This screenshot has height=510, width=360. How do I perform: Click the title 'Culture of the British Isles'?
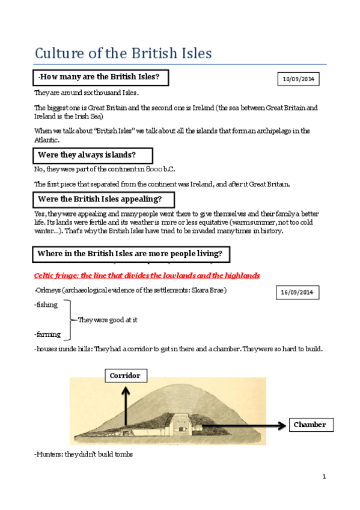coord(123,53)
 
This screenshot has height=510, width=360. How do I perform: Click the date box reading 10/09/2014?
coord(299,79)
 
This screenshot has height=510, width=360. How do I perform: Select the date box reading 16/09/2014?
coord(298,292)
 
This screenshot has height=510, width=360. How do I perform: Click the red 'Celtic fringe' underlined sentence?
coord(147,275)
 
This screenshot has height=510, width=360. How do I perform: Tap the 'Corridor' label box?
coord(125,376)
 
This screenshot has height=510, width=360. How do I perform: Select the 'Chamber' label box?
coord(310,425)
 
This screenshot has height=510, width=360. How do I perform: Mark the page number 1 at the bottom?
coord(323,477)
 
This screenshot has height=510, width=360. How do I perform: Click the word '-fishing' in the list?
coord(47,304)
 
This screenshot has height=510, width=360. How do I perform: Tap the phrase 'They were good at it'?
coord(108,320)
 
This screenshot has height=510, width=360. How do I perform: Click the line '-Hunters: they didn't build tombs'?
coord(84,454)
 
